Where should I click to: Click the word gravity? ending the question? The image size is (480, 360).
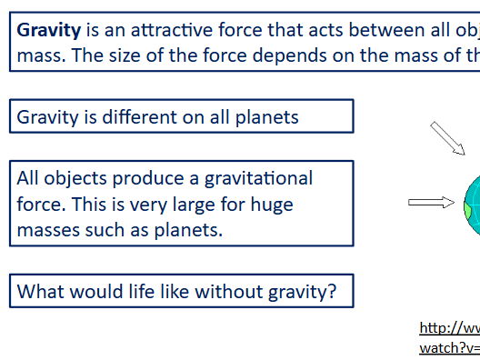(302, 293)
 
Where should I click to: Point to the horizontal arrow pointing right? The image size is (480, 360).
(431, 202)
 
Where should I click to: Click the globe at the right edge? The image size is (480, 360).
(471, 200)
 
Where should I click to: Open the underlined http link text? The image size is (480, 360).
(449, 327)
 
